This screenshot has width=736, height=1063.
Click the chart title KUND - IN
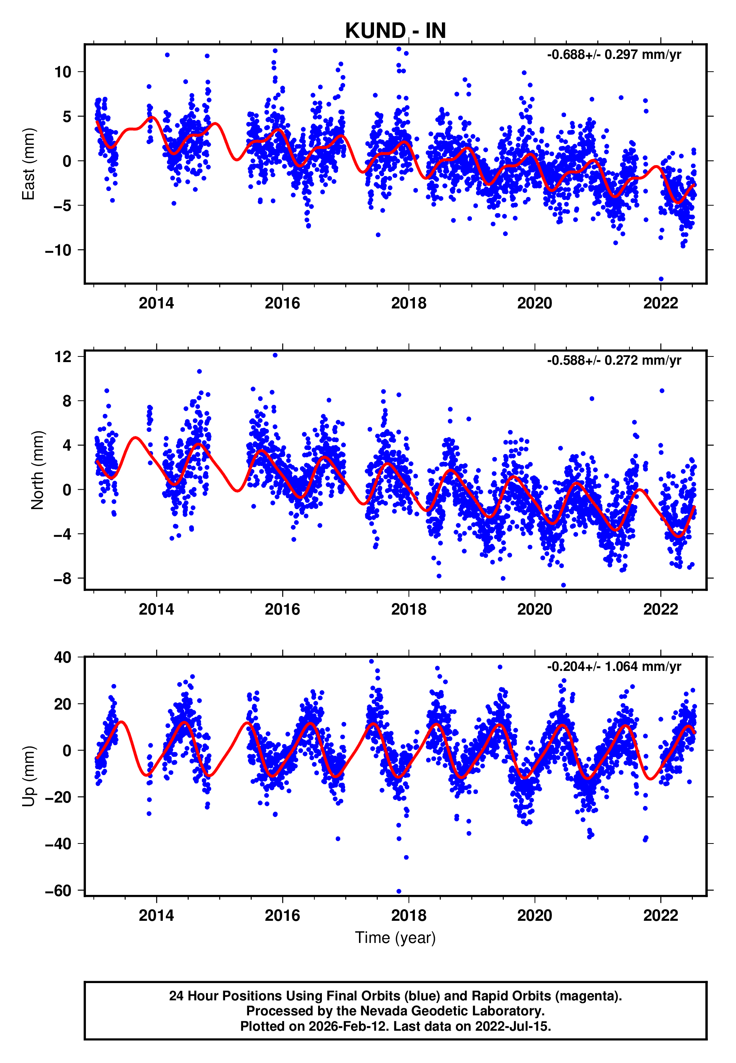(395, 31)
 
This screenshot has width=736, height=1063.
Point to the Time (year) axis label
(395, 938)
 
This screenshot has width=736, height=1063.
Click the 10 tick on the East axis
(63, 72)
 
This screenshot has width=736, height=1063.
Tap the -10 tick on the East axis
(58, 250)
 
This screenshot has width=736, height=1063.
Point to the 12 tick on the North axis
(63, 356)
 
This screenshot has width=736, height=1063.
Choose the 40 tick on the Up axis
(63, 657)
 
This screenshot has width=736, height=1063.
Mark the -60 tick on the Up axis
(58, 890)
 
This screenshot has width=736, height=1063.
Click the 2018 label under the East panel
(409, 304)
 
